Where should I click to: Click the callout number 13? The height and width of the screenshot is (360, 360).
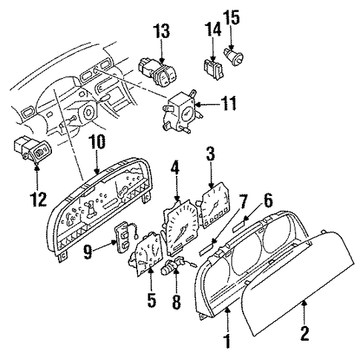coord(162,31)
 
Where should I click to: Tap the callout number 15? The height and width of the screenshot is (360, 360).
coord(232,17)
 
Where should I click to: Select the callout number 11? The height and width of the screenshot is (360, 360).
coord(229,103)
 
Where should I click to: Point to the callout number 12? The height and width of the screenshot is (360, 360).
coord(39,199)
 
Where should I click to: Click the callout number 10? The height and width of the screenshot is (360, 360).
coord(97,142)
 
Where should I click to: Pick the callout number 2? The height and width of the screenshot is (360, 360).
coord(304,333)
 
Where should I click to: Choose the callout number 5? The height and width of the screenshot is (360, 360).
coord(151,301)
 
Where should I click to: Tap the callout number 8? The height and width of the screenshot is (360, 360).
coord(176,302)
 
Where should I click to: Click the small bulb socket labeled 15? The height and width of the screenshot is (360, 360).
coord(234,57)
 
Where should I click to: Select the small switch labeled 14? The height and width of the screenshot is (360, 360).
coord(214,69)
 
